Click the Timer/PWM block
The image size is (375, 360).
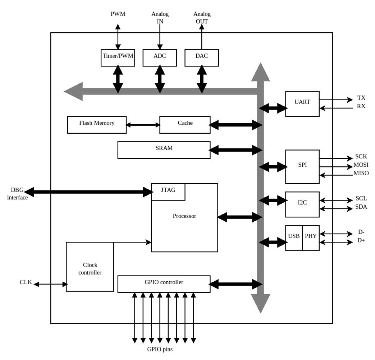[118, 57]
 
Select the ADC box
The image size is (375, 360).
[160, 57]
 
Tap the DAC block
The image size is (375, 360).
[202, 57]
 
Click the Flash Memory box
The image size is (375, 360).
[97, 125]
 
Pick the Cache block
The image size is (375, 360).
[185, 125]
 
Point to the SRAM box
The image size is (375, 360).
[164, 150]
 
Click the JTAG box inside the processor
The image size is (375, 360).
[168, 192]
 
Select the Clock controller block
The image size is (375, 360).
[90, 267]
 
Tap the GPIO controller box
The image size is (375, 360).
[164, 284]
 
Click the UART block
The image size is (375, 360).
[302, 104]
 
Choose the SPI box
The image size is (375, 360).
[302, 167]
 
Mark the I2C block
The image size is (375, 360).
[302, 204]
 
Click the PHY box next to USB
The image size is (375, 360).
[311, 238]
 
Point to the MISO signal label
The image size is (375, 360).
[361, 174]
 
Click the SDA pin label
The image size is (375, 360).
[361, 207]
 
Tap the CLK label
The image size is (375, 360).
[26, 282]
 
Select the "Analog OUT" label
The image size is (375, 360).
[202, 18]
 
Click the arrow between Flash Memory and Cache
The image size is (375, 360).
[143, 125]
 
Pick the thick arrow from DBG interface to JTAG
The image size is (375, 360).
[88, 192]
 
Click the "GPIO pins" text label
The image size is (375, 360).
[162, 349]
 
